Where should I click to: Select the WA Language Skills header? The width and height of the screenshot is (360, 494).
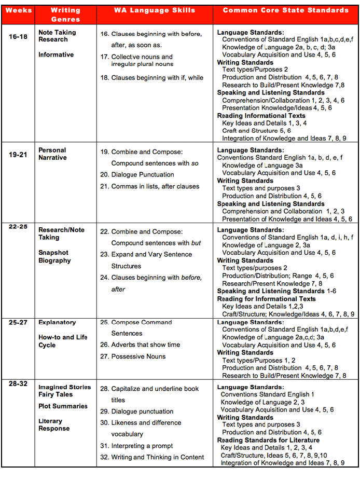point(154,10)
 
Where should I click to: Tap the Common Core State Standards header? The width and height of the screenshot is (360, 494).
point(285,10)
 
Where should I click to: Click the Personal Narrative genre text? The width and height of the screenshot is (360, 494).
point(52,154)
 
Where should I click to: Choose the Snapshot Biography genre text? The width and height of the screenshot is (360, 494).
point(54,256)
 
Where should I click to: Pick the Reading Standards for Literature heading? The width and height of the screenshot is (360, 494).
point(268,440)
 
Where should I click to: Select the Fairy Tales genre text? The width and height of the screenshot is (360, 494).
point(56,394)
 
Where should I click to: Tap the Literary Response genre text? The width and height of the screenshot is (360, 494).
point(54,424)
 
